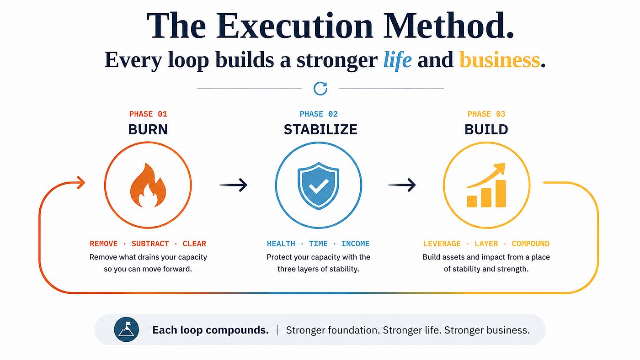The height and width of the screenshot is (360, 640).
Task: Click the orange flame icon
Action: pyautogui.click(x=148, y=185)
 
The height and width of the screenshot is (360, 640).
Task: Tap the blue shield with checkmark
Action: pyautogui.click(x=318, y=185)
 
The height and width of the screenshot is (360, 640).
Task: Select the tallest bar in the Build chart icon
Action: pyautogui.click(x=501, y=194)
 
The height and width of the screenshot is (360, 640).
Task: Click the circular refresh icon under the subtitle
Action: pyautogui.click(x=320, y=89)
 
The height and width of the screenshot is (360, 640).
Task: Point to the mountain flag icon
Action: pyautogui.click(x=126, y=329)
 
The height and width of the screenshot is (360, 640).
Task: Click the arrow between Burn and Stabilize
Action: pyautogui.click(x=233, y=185)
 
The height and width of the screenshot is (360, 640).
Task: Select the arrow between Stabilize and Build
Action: pyautogui.click(x=402, y=185)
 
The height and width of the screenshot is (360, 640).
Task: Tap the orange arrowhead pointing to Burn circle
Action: pyautogui.click(x=81, y=183)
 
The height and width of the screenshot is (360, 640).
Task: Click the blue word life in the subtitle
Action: pyautogui.click(x=397, y=60)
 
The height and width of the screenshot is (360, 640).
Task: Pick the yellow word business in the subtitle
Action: pyautogui.click(x=500, y=60)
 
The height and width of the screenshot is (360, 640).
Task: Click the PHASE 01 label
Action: pyautogui.click(x=148, y=114)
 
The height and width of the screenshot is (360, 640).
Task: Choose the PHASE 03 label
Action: pyautogui.click(x=486, y=114)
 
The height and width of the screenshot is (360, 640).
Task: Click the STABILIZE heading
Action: pyautogui.click(x=320, y=130)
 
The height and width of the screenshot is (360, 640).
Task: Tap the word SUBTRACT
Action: pyautogui.click(x=150, y=244)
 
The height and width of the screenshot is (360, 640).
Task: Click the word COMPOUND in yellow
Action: pyautogui.click(x=531, y=244)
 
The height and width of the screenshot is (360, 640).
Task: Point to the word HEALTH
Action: pyautogui.click(x=281, y=244)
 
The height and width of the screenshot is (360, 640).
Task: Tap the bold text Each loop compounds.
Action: pyautogui.click(x=211, y=330)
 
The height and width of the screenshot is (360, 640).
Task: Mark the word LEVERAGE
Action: pyautogui.click(x=442, y=244)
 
